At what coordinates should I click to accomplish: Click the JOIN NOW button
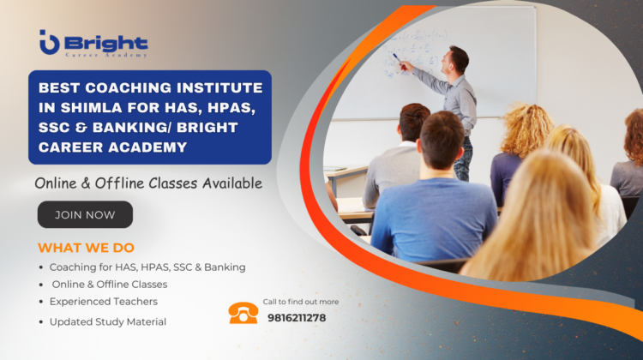click(85, 214)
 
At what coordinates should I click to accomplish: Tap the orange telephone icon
click(243, 313)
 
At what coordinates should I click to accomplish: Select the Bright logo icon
click(49, 42)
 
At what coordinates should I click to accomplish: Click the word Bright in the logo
click(106, 42)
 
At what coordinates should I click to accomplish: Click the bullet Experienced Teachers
click(103, 302)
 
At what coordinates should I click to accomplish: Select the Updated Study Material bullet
click(107, 321)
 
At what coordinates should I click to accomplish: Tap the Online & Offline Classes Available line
click(148, 183)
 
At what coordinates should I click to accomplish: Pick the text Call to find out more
click(300, 302)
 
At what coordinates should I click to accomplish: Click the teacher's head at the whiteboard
click(459, 60)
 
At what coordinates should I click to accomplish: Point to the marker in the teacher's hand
click(396, 57)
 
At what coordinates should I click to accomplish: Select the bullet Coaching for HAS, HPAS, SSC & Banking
click(147, 267)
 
